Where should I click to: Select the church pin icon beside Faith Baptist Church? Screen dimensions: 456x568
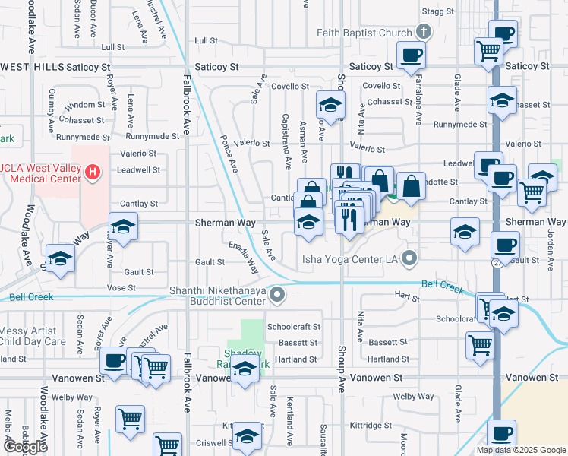tap(424, 33)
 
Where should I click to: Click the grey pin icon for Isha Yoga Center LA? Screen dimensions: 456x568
tap(411, 259)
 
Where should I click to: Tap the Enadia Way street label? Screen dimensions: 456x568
tap(245, 257)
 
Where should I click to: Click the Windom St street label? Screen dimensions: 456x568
tap(86, 105)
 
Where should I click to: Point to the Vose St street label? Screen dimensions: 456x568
tap(120, 288)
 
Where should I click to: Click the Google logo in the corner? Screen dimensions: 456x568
tap(25, 448)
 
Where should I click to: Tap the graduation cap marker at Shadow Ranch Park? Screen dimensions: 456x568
tap(245, 370)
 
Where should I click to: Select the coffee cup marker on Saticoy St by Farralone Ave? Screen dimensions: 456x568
tap(411, 55)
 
